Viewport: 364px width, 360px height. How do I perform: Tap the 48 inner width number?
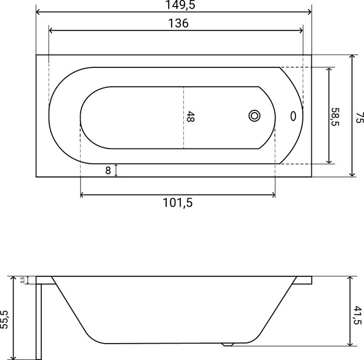coord(190,116)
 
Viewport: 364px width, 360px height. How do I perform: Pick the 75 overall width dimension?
coord(359,116)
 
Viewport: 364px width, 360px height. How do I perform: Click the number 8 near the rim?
coord(108,171)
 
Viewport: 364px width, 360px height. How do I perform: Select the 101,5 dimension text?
coord(177,203)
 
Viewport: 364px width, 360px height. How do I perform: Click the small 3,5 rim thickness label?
coord(22,280)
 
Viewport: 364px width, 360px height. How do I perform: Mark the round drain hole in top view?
coord(254,116)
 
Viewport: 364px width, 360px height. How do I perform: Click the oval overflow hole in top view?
coord(294,116)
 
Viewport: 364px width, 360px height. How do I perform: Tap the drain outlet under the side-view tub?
coord(227,344)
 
